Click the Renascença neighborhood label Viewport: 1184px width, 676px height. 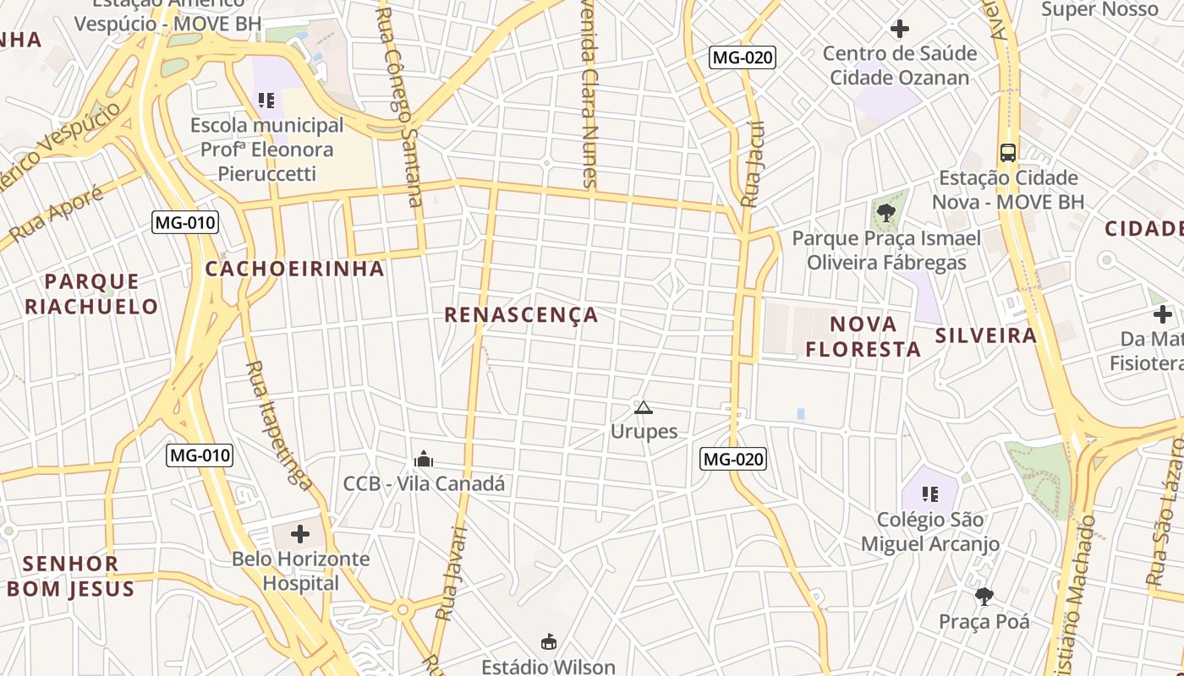click(x=521, y=315)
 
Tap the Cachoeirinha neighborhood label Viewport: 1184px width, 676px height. click(x=294, y=269)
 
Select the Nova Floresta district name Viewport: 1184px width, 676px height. click(x=863, y=336)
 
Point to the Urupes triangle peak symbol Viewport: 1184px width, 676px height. click(x=644, y=408)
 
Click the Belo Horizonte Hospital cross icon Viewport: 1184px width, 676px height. click(x=300, y=534)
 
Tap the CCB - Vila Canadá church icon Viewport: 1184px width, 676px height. click(x=424, y=459)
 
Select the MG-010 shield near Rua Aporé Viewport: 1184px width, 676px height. click(x=185, y=223)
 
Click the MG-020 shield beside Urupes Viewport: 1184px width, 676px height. click(x=733, y=459)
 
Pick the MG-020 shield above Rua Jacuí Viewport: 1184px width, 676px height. click(x=742, y=57)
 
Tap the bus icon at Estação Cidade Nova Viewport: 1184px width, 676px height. click(x=1008, y=153)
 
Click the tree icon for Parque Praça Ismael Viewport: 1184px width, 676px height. click(x=885, y=212)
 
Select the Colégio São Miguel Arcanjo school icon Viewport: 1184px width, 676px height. click(x=930, y=493)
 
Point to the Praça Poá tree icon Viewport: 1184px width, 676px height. click(x=984, y=597)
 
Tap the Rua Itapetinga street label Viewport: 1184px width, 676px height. click(x=278, y=425)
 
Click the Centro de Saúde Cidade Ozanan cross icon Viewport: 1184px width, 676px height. click(x=900, y=29)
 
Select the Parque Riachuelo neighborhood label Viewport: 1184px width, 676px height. click(x=91, y=293)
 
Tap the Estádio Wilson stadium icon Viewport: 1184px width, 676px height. click(x=549, y=642)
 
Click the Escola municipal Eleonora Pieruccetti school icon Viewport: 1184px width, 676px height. click(x=267, y=101)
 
